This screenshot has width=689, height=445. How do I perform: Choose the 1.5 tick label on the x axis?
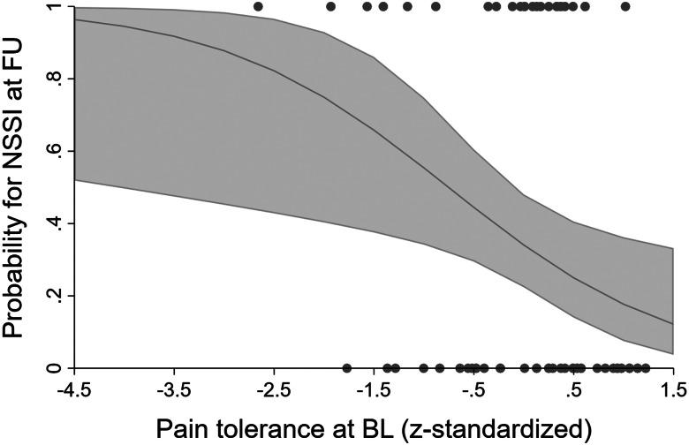[673, 390]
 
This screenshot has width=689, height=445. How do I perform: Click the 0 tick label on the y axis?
[53, 367]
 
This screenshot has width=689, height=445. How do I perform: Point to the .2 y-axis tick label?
[53, 296]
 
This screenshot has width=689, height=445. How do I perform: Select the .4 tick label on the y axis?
[53, 223]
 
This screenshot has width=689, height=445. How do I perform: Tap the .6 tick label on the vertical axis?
[53, 151]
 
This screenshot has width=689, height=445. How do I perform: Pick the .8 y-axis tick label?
[53, 79]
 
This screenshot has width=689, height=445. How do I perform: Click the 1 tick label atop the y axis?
[53, 7]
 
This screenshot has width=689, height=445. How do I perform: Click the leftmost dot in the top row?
[258, 7]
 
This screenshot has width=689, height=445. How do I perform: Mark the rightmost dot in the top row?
[625, 7]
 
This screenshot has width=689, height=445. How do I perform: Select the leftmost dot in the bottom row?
[346, 368]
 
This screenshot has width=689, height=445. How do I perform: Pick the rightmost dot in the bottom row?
[646, 368]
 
